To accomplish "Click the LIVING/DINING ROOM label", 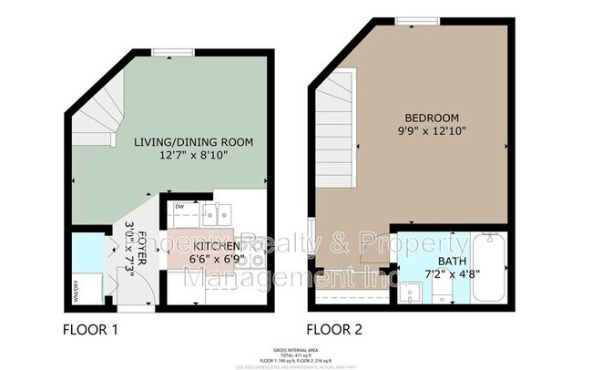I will tap(193, 142).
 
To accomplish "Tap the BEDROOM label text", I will tap(433, 118).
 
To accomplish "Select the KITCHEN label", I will tap(216, 246).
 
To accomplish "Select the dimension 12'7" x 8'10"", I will tap(193, 157).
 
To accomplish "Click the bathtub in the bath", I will tap(490, 271).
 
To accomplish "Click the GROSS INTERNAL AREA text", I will tap(295, 350).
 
